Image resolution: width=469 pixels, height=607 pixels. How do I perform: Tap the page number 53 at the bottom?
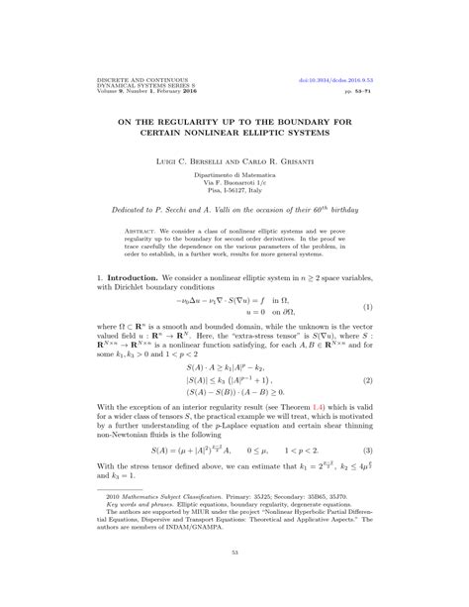pyautogui.click(x=234, y=580)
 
